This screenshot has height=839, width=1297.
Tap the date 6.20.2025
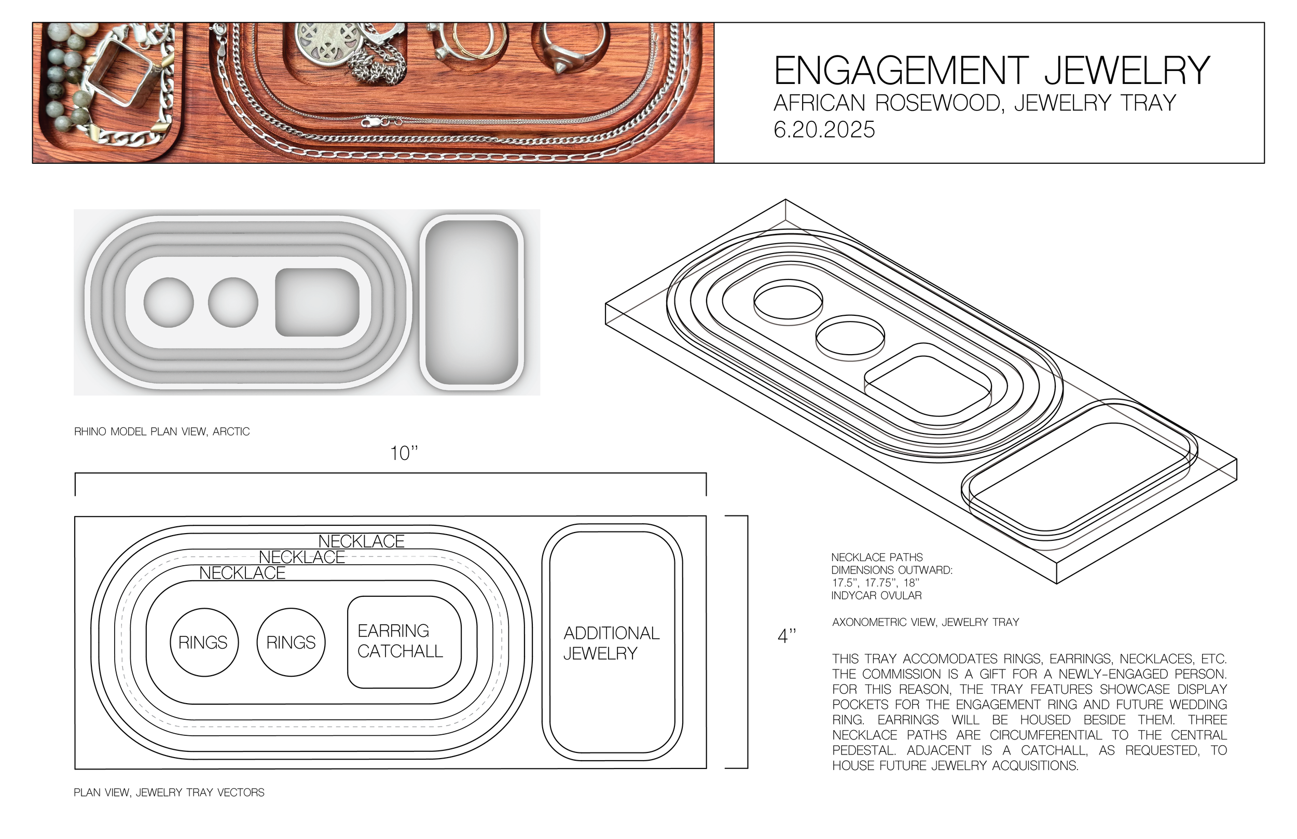824,130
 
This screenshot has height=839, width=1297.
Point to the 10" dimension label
404,453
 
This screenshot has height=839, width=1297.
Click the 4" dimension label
787,636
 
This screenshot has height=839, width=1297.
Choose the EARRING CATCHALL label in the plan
400,641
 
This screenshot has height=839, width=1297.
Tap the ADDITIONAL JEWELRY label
611,643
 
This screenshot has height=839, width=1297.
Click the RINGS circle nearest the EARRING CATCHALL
291,643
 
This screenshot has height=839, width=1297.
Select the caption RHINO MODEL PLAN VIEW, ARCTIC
162,432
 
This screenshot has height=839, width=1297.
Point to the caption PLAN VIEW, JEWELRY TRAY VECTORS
169,793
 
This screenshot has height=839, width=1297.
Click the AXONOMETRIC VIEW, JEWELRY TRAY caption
926,622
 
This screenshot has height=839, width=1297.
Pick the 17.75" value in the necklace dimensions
880,583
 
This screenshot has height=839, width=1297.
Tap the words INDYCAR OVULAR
876,596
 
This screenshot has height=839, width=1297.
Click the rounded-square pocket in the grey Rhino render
317,302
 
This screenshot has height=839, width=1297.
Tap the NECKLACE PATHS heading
877,557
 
